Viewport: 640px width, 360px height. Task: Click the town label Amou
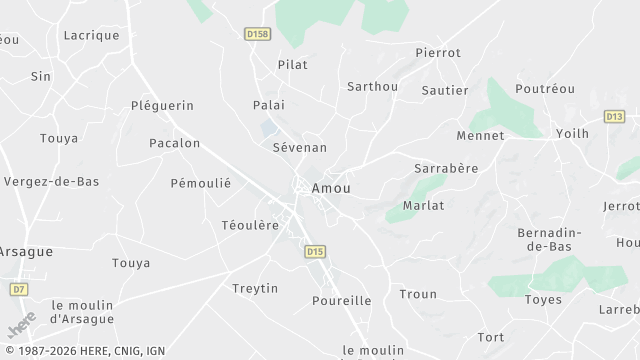[x=331, y=188]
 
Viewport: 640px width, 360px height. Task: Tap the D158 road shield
[x=257, y=33]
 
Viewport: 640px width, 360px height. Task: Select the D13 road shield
[x=615, y=117]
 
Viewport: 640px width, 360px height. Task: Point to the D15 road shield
[x=316, y=252]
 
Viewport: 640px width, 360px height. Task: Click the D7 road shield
[x=18, y=289]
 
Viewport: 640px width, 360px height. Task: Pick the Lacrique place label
[x=91, y=35]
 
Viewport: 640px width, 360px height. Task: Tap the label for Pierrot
[x=438, y=52]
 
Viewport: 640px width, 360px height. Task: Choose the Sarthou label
[x=372, y=86]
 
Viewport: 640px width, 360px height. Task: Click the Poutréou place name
[x=545, y=89]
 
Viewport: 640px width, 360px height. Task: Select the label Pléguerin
[x=162, y=105]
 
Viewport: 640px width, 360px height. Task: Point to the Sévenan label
[x=300, y=147]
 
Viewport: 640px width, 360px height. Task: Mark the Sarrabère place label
[x=446, y=169]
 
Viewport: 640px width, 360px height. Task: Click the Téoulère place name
[x=250, y=225]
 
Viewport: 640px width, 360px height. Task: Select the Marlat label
[x=423, y=205]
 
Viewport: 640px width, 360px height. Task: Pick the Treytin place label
[x=255, y=288]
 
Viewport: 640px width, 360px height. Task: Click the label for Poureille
[x=341, y=300]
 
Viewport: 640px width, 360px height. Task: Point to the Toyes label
[x=543, y=299]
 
